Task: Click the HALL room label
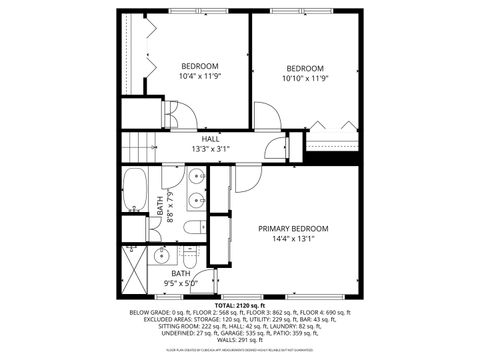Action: (x=210, y=139)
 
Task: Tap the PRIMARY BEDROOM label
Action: (x=293, y=228)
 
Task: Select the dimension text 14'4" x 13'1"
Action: (x=293, y=239)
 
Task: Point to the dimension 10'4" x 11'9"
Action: (x=199, y=76)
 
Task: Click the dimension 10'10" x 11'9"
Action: (x=307, y=78)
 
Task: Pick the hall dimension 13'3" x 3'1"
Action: (x=210, y=149)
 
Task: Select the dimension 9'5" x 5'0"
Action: (x=181, y=283)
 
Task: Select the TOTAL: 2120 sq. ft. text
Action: (x=240, y=305)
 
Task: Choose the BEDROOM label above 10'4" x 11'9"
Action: (x=199, y=66)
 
